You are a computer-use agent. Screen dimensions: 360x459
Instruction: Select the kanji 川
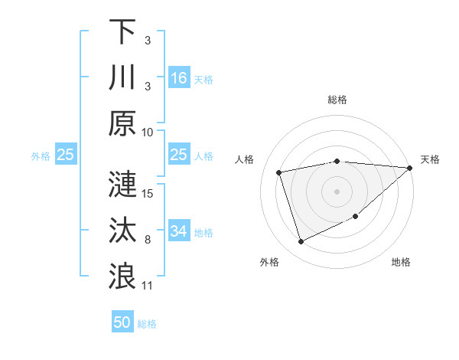point(122,77)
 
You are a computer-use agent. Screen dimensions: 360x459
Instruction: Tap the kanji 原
point(122,123)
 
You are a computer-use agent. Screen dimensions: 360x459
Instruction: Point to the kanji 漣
point(122,185)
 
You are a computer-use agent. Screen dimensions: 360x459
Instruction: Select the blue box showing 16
point(179,78)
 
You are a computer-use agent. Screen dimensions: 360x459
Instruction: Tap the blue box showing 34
point(179,231)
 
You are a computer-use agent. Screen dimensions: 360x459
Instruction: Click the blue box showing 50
point(122,322)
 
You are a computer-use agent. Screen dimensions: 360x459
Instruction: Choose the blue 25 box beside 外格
point(66,155)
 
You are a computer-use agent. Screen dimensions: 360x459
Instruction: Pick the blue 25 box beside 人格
point(179,155)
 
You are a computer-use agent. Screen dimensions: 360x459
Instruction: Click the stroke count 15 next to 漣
point(148,193)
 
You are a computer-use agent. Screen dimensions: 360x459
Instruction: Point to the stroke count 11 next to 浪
point(148,285)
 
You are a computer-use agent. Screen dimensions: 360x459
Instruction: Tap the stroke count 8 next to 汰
point(148,239)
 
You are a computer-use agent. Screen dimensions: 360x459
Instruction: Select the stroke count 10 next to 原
point(148,132)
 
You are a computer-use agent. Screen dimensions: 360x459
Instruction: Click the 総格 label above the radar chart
point(337,100)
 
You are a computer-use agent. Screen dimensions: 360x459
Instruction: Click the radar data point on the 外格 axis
point(301,242)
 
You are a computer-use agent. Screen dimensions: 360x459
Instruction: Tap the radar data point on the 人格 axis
point(279,172)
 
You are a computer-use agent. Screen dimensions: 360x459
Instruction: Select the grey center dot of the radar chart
point(337,191)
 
